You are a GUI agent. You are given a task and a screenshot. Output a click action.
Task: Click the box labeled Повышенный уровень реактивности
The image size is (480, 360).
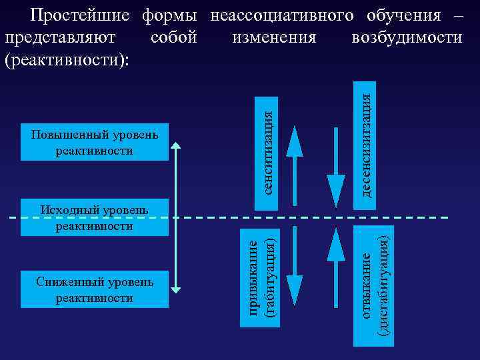(95, 142)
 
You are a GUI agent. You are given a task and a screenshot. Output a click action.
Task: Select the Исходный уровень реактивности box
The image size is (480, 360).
(95, 217)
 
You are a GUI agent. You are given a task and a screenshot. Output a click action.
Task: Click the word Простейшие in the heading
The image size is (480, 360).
(83, 15)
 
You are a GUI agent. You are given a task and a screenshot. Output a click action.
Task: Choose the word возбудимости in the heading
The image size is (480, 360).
(407, 37)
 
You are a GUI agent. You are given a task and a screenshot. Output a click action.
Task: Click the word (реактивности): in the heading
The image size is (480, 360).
(67, 59)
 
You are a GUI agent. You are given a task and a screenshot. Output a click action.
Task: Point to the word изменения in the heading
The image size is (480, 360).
(274, 37)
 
